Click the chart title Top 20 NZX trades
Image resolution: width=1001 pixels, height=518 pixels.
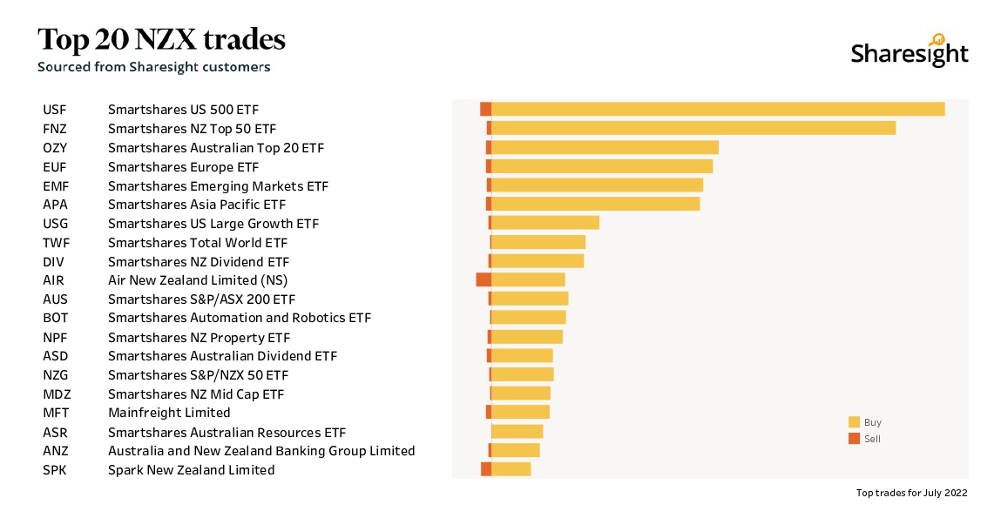pyautogui.click(x=161, y=39)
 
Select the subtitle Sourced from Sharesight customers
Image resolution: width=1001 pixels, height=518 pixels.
pyautogui.click(x=153, y=67)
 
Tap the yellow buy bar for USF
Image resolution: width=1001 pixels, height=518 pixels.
pyautogui.click(x=718, y=109)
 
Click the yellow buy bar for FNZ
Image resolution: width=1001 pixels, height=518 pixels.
pyautogui.click(x=693, y=128)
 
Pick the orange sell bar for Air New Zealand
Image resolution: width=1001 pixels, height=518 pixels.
pyautogui.click(x=484, y=279)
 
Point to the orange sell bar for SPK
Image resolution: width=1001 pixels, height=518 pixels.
pyautogui.click(x=486, y=469)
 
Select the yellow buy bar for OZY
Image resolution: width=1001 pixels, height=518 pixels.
pyautogui.click(x=605, y=147)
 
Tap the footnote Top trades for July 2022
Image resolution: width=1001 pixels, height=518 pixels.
pyautogui.click(x=911, y=493)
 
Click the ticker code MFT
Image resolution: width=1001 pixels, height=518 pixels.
pyautogui.click(x=56, y=413)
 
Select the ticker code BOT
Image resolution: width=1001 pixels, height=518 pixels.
pyautogui.click(x=55, y=318)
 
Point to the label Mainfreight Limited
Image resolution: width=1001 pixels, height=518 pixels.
pyautogui.click(x=169, y=413)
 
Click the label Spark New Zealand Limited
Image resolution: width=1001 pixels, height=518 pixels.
pyautogui.click(x=191, y=470)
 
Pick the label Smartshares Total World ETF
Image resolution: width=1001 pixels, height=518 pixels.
pyautogui.click(x=198, y=243)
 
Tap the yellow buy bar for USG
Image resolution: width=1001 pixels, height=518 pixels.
pyautogui.click(x=545, y=223)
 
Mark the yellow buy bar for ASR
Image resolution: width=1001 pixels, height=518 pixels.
pyautogui.click(x=517, y=432)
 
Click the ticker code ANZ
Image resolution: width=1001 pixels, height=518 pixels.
pyautogui.click(x=55, y=451)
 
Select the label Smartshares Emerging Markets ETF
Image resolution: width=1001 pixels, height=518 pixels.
pyautogui.click(x=218, y=186)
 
